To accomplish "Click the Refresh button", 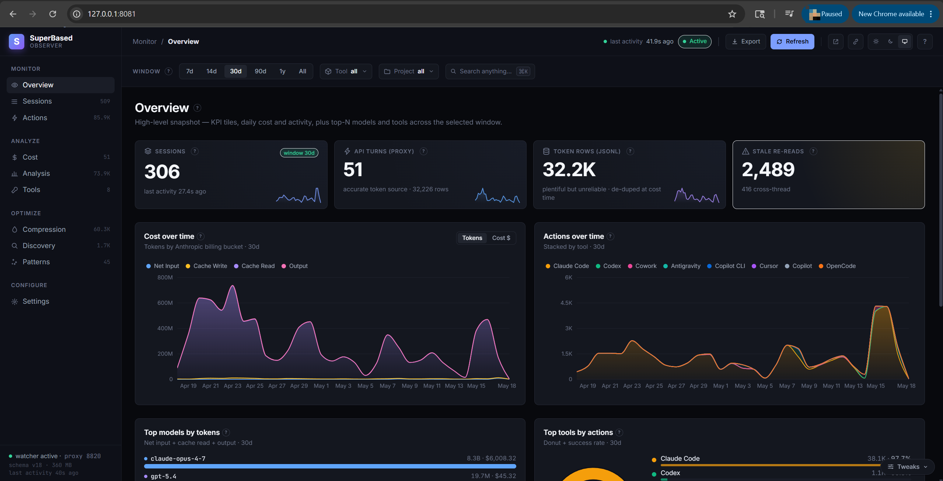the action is (792, 42).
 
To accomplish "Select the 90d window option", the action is (260, 71).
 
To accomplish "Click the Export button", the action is (746, 42).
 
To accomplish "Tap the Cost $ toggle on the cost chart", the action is (501, 238).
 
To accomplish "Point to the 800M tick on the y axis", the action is (165, 278).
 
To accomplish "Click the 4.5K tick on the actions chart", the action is (566, 303).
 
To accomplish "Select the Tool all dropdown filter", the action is (346, 72).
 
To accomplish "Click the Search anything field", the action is (490, 72).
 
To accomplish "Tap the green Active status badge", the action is (695, 41).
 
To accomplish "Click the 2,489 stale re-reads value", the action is (768, 170).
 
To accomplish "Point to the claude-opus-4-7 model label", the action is (178, 459).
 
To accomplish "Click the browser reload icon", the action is (53, 14).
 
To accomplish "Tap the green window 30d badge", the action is (299, 153).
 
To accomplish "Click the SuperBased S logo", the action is (17, 42).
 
